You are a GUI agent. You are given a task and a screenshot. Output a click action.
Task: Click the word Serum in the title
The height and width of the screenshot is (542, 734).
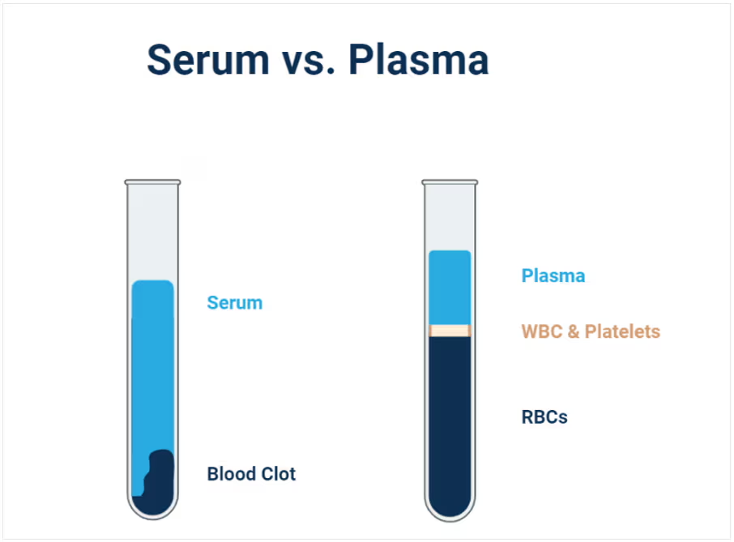point(208,59)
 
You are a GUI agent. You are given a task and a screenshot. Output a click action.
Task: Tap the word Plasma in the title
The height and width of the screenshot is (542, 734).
point(419,59)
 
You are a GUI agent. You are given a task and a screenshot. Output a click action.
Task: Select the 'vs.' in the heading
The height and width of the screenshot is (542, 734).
point(309,63)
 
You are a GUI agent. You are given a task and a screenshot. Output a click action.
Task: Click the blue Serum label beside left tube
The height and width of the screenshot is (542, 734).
point(234,303)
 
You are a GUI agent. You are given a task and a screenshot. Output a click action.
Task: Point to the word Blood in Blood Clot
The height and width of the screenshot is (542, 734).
point(232,474)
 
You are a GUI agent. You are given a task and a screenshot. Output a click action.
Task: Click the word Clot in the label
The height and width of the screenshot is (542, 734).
point(279,474)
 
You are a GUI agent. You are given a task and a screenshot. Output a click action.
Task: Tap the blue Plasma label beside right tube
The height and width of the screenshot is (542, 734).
point(553,275)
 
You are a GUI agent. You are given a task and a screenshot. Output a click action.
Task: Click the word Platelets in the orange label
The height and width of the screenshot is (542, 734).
point(622,331)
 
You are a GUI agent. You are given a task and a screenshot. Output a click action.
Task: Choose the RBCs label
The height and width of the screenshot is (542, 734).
point(544,417)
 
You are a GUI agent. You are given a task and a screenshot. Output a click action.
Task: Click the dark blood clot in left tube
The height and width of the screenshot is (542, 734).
point(158,487)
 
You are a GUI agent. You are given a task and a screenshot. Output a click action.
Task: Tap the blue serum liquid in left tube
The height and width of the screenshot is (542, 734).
point(152,365)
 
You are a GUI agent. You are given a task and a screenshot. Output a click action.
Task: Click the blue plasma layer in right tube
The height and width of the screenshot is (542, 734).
point(450,288)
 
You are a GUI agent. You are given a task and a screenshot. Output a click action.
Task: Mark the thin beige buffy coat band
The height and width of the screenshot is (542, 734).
point(450,331)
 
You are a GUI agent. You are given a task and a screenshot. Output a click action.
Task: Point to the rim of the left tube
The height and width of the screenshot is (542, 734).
point(152,182)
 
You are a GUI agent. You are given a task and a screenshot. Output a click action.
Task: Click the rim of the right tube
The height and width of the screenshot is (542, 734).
point(450,182)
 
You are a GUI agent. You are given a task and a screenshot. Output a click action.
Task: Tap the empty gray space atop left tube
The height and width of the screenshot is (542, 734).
point(152,233)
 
